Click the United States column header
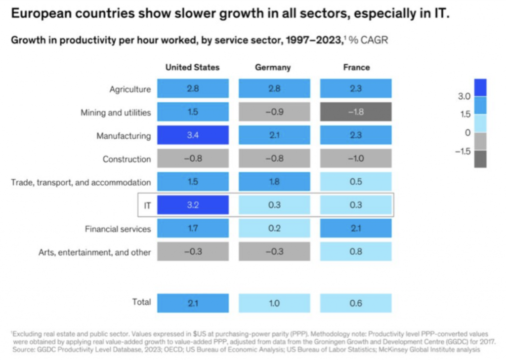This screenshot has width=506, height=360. click(193, 67)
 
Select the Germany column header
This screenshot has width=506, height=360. click(273, 67)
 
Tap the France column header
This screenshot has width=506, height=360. click(356, 67)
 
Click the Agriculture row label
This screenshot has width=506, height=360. click(130, 89)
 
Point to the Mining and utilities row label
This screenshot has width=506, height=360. click(116, 113)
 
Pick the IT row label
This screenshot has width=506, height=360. click(147, 205)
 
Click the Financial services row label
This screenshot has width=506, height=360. click(118, 229)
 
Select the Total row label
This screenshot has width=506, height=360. click(141, 302)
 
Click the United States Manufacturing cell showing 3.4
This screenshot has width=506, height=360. click(193, 135)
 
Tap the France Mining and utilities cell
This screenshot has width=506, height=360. click(356, 112)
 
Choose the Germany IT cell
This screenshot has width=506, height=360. click(274, 205)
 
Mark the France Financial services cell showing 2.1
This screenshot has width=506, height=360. click(356, 229)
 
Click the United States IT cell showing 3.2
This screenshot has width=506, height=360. click(193, 205)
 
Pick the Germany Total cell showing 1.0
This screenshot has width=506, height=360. click(274, 303)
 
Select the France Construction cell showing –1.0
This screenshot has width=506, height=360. click(356, 159)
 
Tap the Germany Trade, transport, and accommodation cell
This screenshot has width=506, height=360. click(274, 182)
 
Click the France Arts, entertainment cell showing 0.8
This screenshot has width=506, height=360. click(356, 252)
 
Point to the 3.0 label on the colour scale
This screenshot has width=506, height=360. click(464, 97)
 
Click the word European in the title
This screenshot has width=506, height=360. click(41, 13)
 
